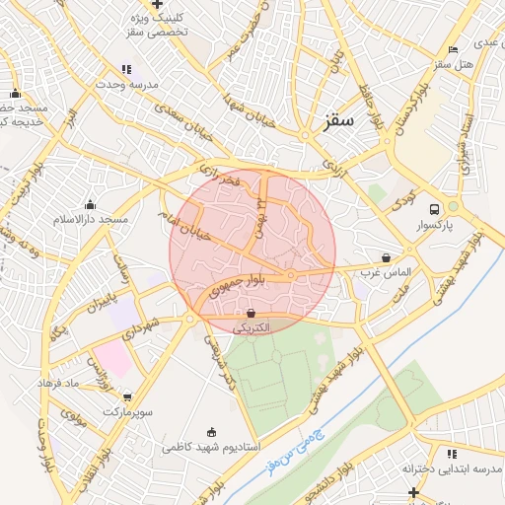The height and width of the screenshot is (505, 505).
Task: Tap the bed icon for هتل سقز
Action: click(x=453, y=49)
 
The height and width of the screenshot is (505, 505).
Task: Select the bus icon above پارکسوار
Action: click(x=435, y=208)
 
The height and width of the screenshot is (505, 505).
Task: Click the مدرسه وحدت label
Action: click(x=125, y=85)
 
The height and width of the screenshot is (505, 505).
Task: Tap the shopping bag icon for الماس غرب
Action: click(x=385, y=257)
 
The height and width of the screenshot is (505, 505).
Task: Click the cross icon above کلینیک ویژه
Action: click(x=157, y=4)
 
